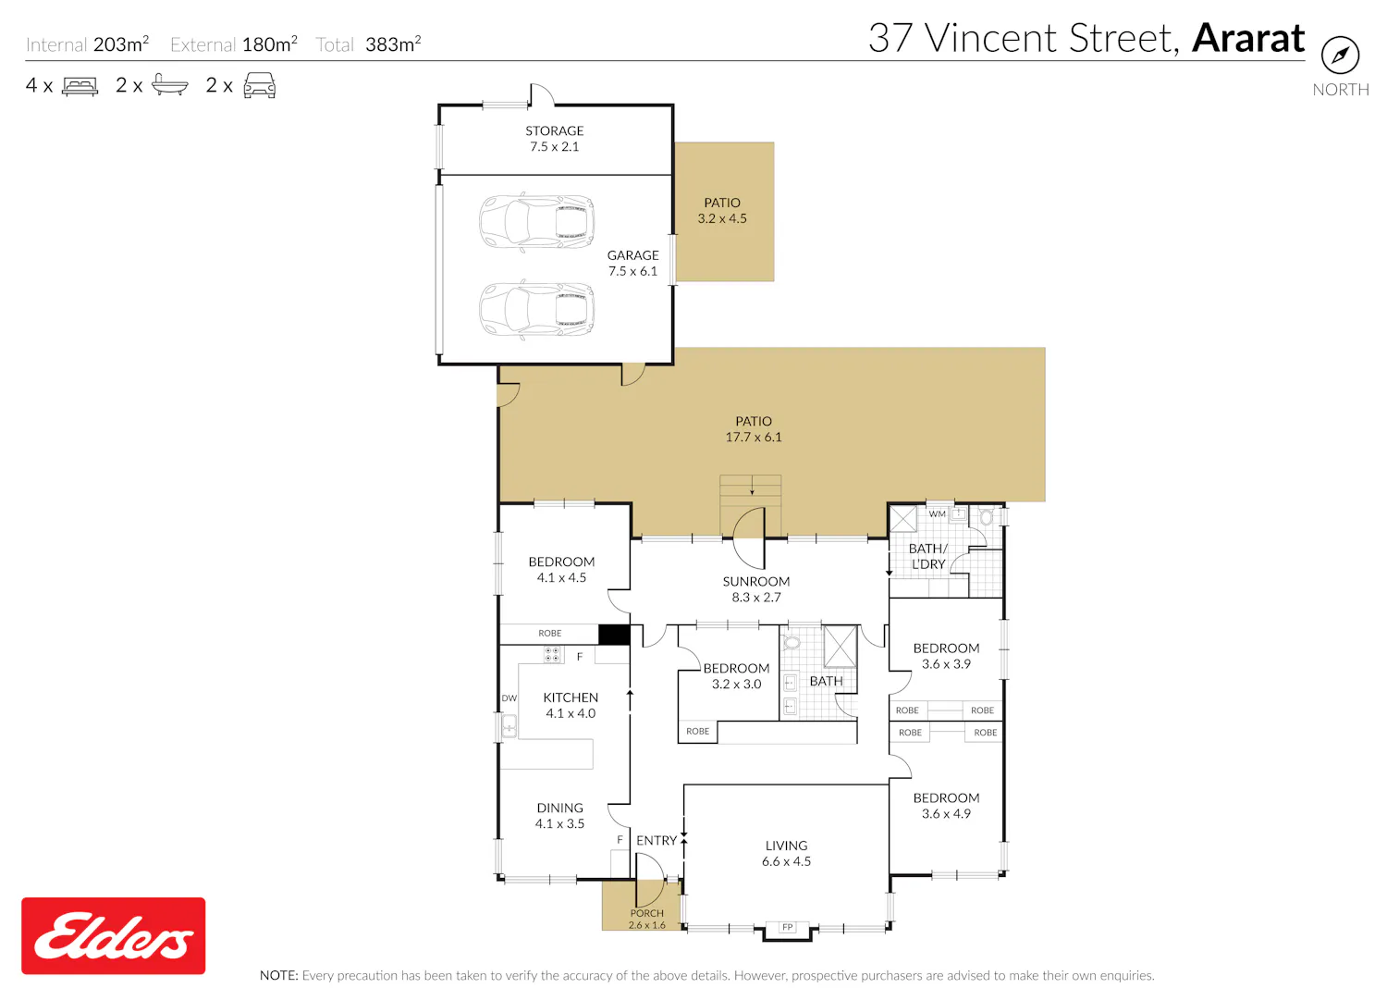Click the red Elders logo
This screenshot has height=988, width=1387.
coord(114,935)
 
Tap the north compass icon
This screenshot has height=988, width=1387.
coord(1340,56)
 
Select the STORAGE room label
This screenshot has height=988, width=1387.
coord(554,130)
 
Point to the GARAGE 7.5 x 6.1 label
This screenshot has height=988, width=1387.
coord(632,263)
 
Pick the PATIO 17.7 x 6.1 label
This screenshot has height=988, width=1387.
coord(754,428)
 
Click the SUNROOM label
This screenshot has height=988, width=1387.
coord(756,581)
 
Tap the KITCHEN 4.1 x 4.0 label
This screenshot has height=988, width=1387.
coord(571,705)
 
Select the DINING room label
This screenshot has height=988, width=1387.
coord(559,808)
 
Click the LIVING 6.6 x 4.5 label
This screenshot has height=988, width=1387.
coord(786,853)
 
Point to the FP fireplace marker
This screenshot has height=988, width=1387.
coord(787,927)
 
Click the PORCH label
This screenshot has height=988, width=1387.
coord(647,913)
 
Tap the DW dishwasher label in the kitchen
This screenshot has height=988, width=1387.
coord(509,698)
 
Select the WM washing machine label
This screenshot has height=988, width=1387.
coord(937,513)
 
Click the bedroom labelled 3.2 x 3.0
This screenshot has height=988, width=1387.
coord(736,676)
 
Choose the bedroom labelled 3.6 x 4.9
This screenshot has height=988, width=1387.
coord(946,805)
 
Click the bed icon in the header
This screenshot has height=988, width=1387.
coord(80,86)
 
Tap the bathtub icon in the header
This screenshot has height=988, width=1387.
coord(169,85)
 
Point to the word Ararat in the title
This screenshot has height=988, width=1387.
coord(1248,38)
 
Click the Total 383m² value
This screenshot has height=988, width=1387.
coord(393,44)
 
